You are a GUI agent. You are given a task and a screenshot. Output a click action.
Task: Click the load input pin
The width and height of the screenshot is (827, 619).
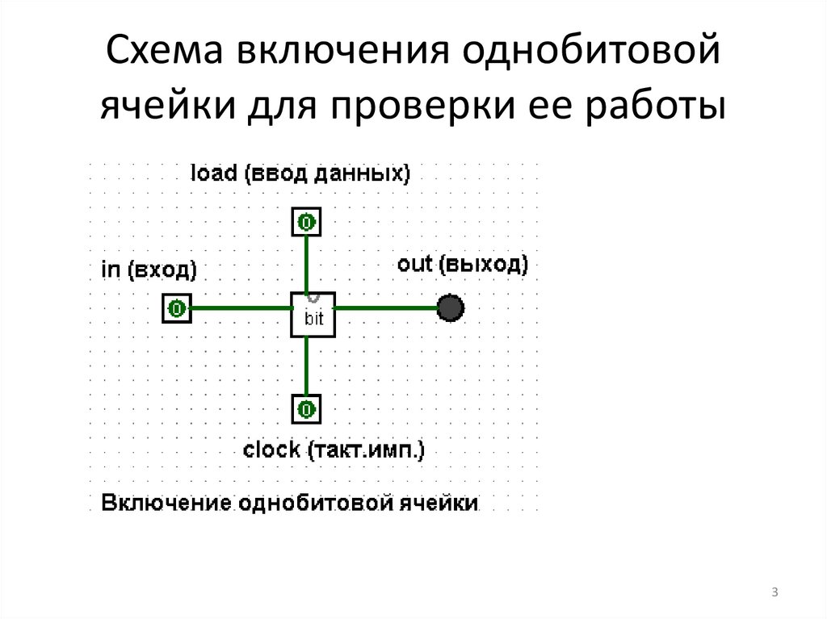tap(305, 221)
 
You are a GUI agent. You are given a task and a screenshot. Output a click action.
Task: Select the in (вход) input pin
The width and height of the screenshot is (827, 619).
tap(177, 307)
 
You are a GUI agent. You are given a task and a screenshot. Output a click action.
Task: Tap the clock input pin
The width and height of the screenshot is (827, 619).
tap(305, 409)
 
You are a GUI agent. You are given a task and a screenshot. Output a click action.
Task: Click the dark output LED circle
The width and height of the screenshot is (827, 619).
tap(450, 307)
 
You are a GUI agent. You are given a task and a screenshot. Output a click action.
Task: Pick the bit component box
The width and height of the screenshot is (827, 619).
tap(313, 315)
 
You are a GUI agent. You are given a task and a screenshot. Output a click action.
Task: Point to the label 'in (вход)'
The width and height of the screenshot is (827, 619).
tap(149, 270)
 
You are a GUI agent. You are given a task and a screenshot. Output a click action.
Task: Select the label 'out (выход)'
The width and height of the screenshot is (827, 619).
tap(463, 264)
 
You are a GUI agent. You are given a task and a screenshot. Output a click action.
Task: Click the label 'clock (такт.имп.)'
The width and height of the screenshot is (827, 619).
tap(334, 450)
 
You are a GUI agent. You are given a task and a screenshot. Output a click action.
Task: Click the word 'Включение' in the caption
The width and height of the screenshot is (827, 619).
tap(164, 504)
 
